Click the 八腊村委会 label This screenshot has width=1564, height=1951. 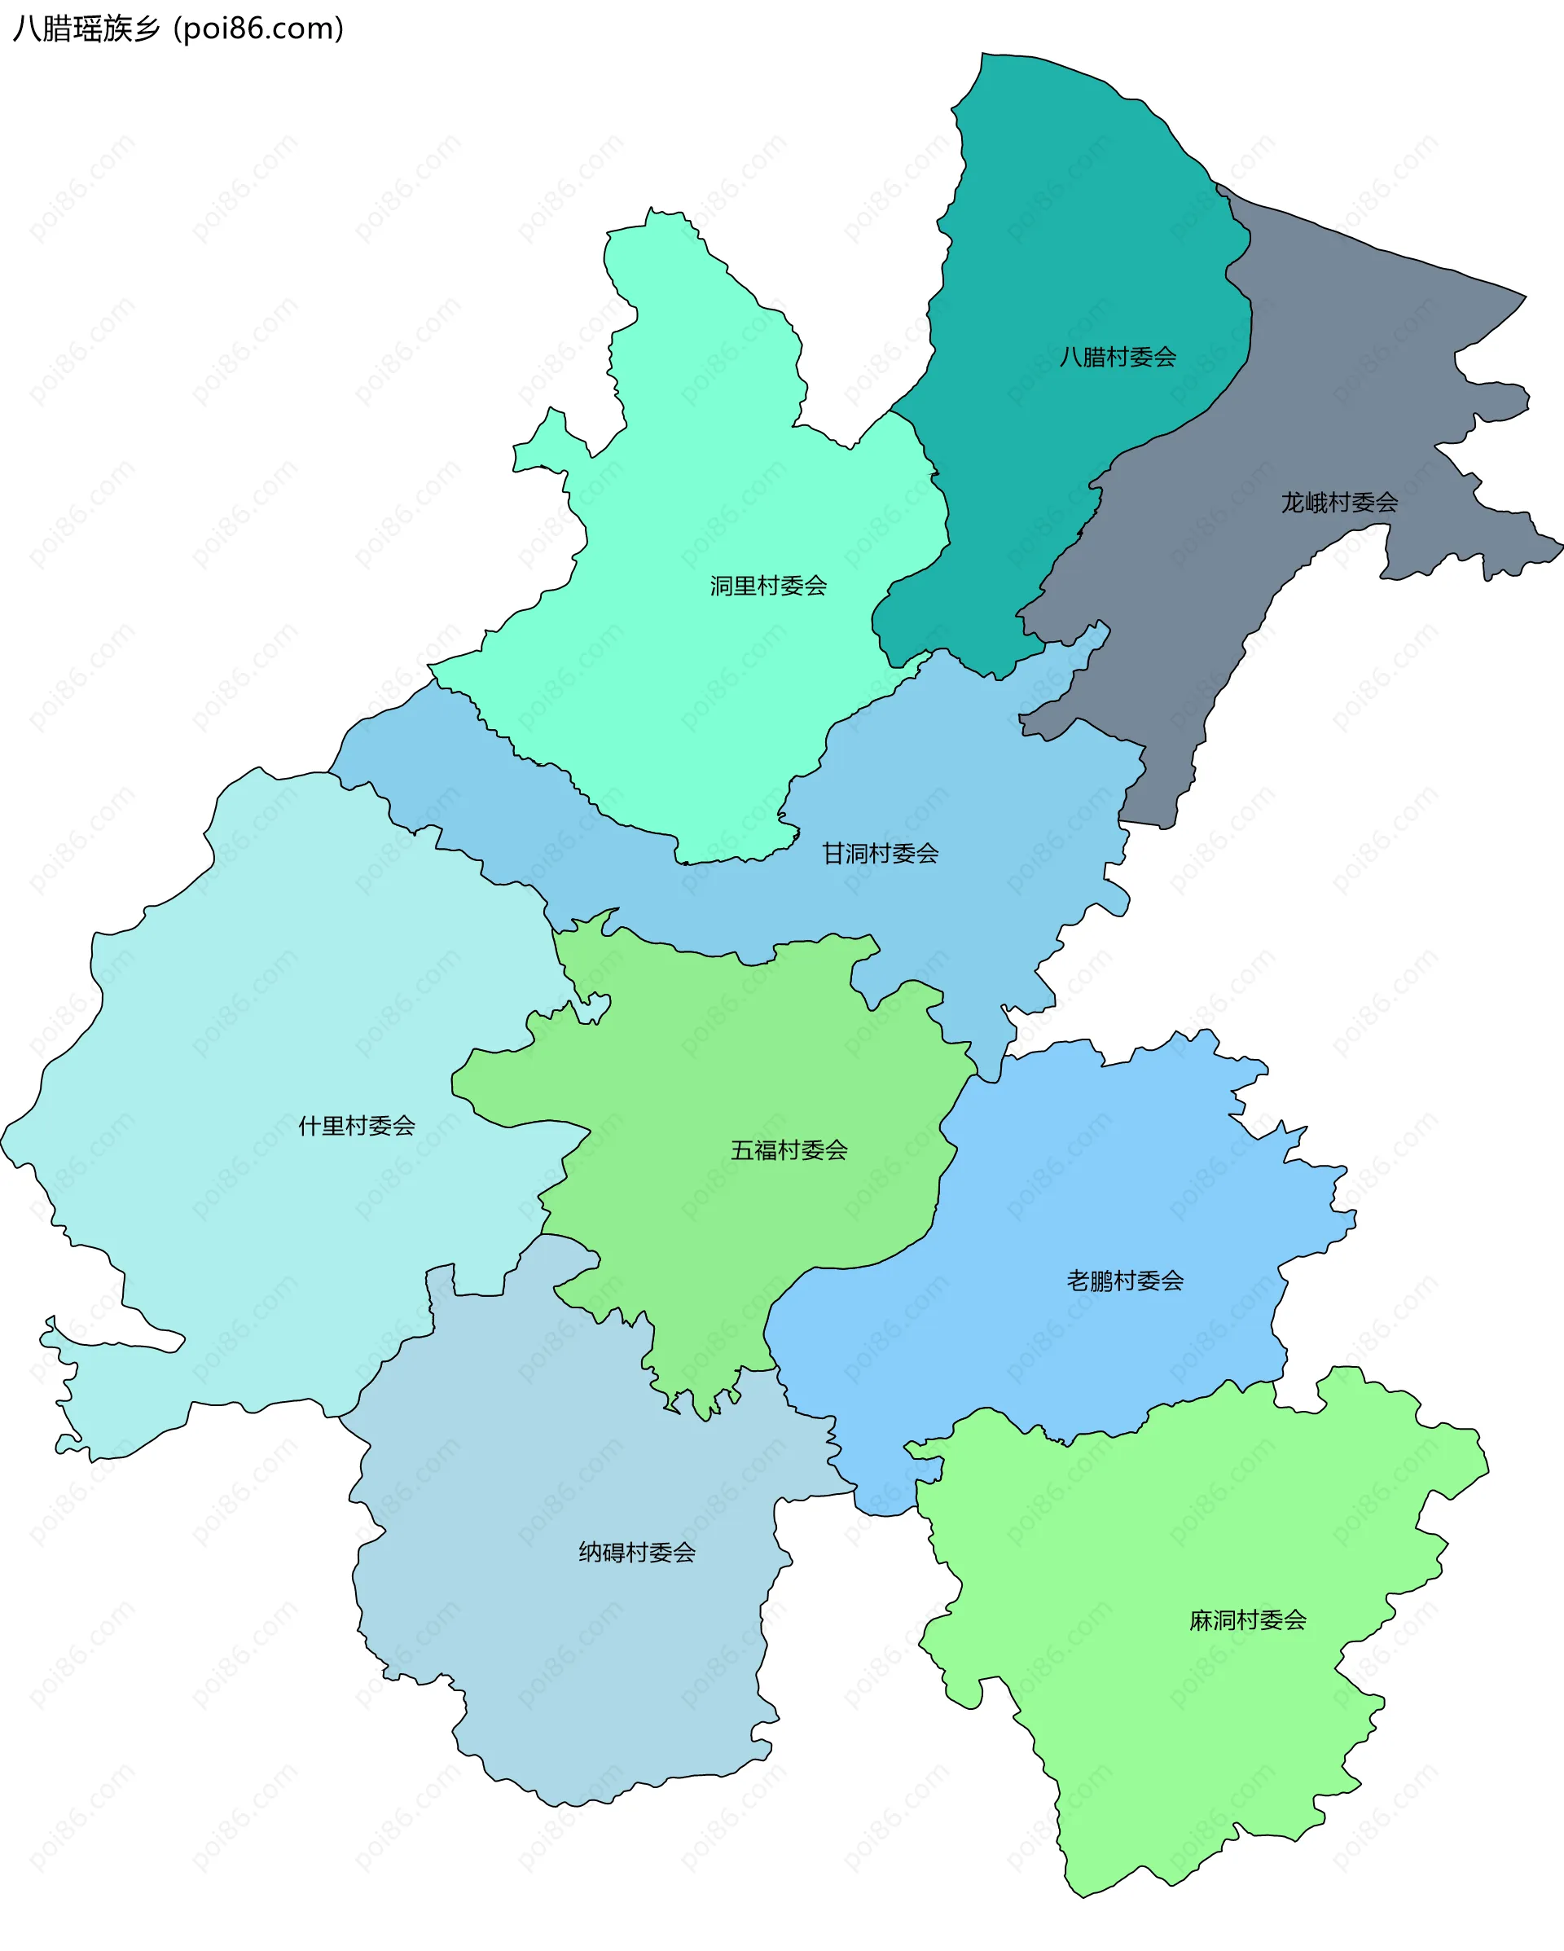pos(1118,358)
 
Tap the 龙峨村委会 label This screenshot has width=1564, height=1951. pos(1338,503)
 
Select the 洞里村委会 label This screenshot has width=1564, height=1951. pos(767,587)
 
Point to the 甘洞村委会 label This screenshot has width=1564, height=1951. pos(880,854)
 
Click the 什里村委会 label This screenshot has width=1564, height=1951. pos(357,1126)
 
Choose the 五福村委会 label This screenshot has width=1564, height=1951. pos(789,1150)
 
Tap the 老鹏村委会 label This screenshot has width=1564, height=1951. pos(1125,1281)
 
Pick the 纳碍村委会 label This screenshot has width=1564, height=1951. pos(637,1553)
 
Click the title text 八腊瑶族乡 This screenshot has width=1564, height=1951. pos(87,29)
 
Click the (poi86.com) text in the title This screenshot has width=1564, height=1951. pos(259,29)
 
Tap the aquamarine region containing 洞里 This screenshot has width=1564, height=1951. pos(706,452)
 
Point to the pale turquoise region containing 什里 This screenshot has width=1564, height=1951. pos(271,995)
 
